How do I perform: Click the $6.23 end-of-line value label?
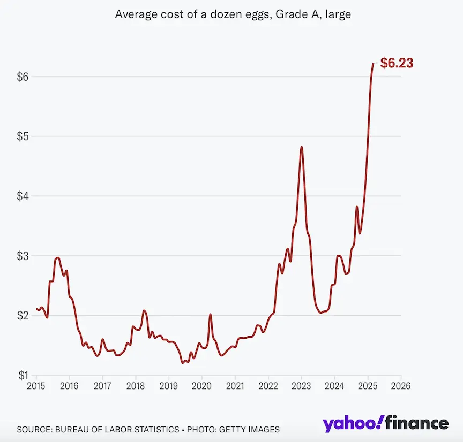[397, 63]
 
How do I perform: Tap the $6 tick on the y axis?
[23, 77]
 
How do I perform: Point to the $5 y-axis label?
[23, 136]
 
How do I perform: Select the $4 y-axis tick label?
[23, 196]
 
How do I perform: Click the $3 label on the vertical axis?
[23, 256]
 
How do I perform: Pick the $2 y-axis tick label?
[23, 315]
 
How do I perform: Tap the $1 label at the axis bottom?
[23, 375]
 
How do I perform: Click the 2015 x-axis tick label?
[36, 385]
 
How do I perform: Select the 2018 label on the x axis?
[136, 385]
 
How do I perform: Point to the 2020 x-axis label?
[201, 385]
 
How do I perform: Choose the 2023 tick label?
[301, 385]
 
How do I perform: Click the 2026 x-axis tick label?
[400, 385]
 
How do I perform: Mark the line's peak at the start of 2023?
[302, 147]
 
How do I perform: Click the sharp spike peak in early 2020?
[210, 314]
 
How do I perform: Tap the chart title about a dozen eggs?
[233, 14]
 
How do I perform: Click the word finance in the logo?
[416, 423]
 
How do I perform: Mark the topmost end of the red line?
[374, 63]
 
